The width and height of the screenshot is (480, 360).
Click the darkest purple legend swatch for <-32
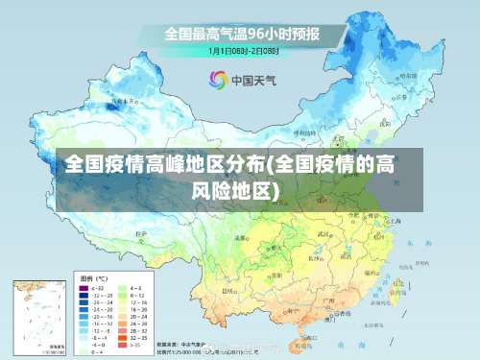(84, 288)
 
